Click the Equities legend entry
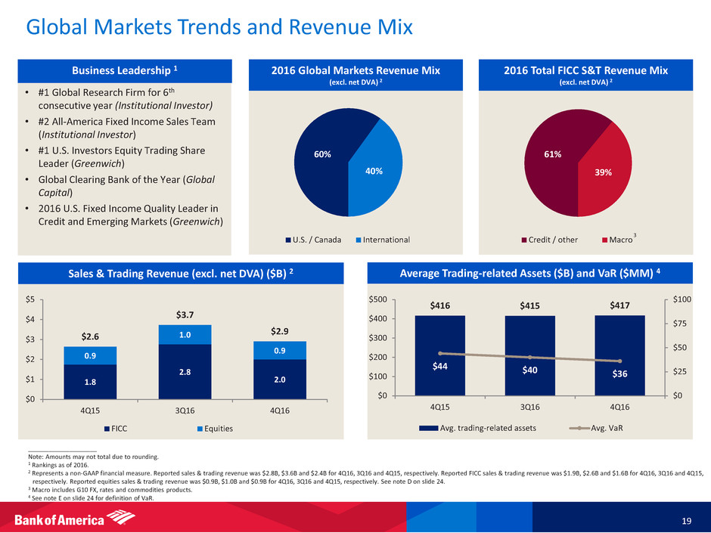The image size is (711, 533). click(213, 429)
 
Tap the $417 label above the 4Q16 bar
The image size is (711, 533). click(619, 305)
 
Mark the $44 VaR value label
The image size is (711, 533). click(439, 367)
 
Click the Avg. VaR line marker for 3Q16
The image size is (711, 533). click(529, 358)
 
